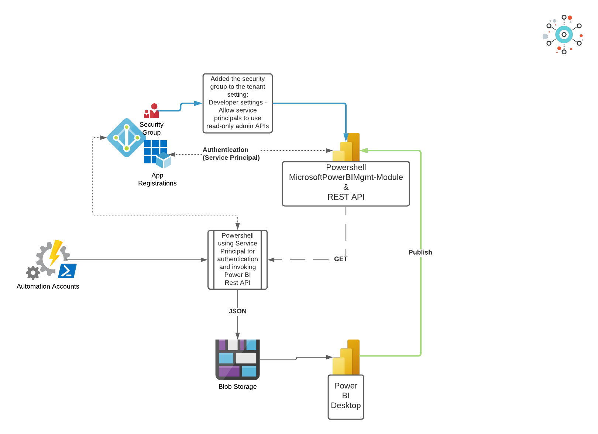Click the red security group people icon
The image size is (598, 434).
pyautogui.click(x=151, y=111)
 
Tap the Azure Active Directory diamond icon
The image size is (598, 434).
pyautogui.click(x=126, y=138)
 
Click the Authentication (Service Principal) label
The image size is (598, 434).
pyautogui.click(x=231, y=154)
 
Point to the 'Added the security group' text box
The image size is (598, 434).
pyautogui.click(x=237, y=103)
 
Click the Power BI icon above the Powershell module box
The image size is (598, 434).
pyautogui.click(x=347, y=148)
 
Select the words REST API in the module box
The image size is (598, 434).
pyautogui.click(x=346, y=197)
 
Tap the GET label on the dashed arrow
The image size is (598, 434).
pyautogui.click(x=340, y=259)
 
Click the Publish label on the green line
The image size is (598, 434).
pyautogui.click(x=420, y=252)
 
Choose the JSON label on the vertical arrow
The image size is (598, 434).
pyautogui.click(x=237, y=311)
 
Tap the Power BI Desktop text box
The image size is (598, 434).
pyautogui.click(x=346, y=396)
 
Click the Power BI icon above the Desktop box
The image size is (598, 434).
pyautogui.click(x=347, y=357)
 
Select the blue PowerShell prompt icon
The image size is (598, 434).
pyautogui.click(x=68, y=271)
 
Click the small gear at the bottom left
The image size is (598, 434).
pyautogui.click(x=33, y=273)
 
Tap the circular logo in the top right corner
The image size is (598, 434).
pyautogui.click(x=564, y=35)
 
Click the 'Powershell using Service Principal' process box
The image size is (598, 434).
pyautogui.click(x=237, y=259)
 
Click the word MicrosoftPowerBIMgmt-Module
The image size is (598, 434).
pyautogui.click(x=346, y=177)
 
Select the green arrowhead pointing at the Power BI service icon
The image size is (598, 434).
pyautogui.click(x=364, y=151)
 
